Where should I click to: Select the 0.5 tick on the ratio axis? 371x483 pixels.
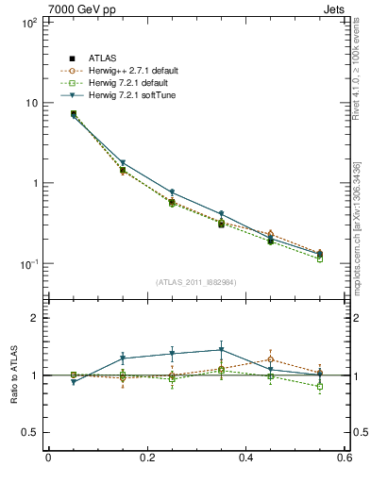point(28,432)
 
